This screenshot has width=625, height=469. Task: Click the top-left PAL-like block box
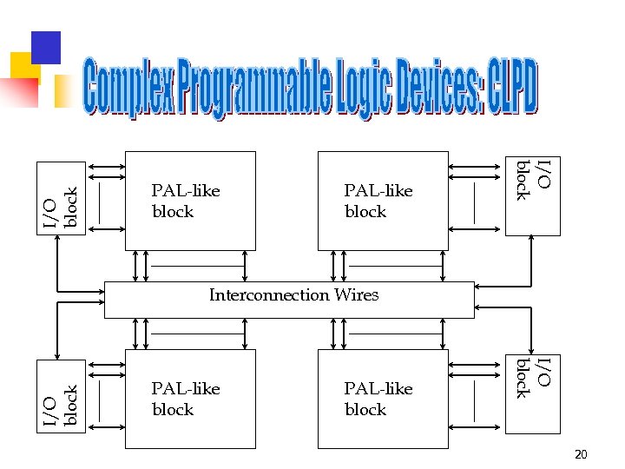(x=190, y=201)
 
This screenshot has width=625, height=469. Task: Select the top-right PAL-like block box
(x=383, y=201)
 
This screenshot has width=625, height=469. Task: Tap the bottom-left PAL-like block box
(x=190, y=399)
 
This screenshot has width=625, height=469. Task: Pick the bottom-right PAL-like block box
(x=383, y=399)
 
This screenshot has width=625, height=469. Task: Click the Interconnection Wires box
(x=289, y=300)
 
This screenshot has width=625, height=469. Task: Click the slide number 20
(x=581, y=454)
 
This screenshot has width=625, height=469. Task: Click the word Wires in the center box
(x=357, y=295)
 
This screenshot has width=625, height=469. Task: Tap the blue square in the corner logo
(x=45, y=48)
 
